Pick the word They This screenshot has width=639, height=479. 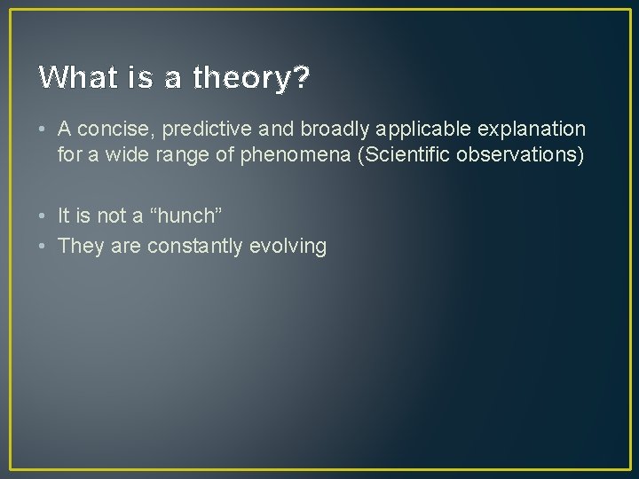click(x=81, y=246)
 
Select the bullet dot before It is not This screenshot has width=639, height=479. click(x=43, y=216)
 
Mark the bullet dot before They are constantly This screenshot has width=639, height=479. click(x=43, y=246)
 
